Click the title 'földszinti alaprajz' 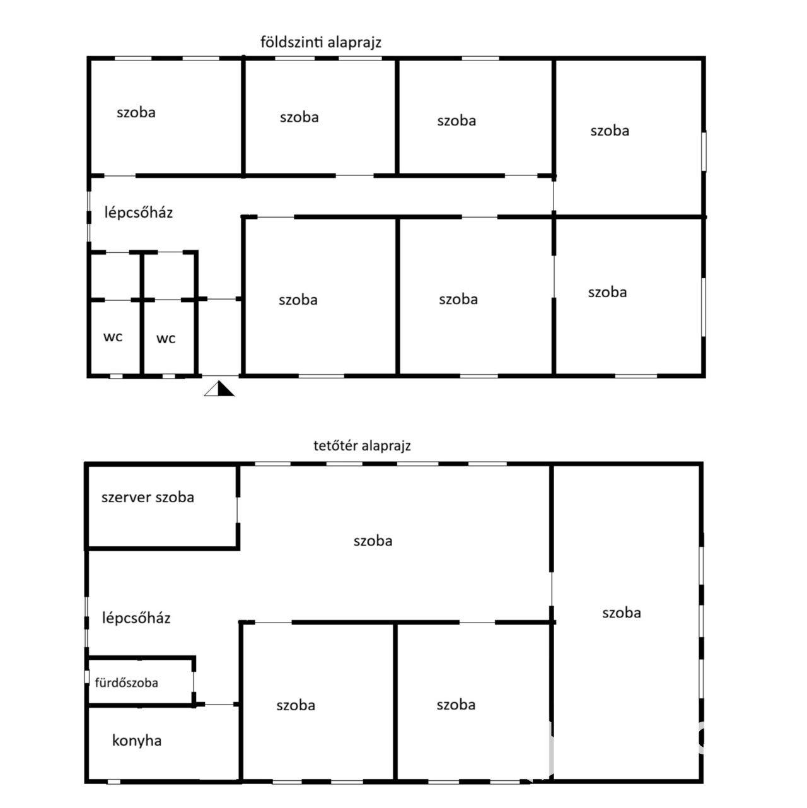click(x=321, y=42)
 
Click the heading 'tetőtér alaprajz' click(x=363, y=445)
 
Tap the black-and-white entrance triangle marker click(x=219, y=389)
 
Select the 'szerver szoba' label click(x=148, y=497)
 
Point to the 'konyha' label click(x=137, y=741)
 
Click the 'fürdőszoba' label click(x=126, y=682)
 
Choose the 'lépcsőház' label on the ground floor click(x=138, y=212)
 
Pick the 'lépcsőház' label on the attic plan click(x=136, y=618)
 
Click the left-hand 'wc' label click(x=113, y=337)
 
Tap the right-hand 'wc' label click(x=166, y=339)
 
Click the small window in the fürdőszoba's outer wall click(x=87, y=676)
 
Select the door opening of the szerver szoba click(x=237, y=510)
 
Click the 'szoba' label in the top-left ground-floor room click(x=136, y=112)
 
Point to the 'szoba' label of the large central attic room click(x=373, y=541)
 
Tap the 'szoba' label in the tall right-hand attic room click(x=621, y=613)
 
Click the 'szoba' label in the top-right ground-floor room click(x=610, y=131)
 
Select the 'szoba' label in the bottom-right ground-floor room click(x=607, y=292)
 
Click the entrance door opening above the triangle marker click(x=221, y=376)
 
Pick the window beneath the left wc click(x=116, y=376)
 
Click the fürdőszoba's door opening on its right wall click(x=194, y=682)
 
